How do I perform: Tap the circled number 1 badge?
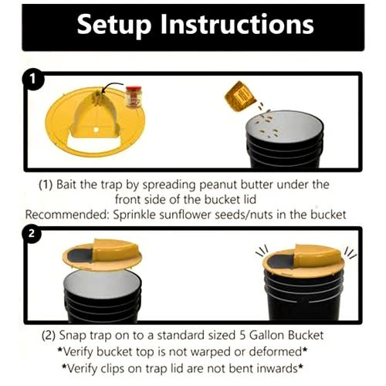tap(33, 79)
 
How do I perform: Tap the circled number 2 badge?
tap(33, 235)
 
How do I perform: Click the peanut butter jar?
tap(134, 97)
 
